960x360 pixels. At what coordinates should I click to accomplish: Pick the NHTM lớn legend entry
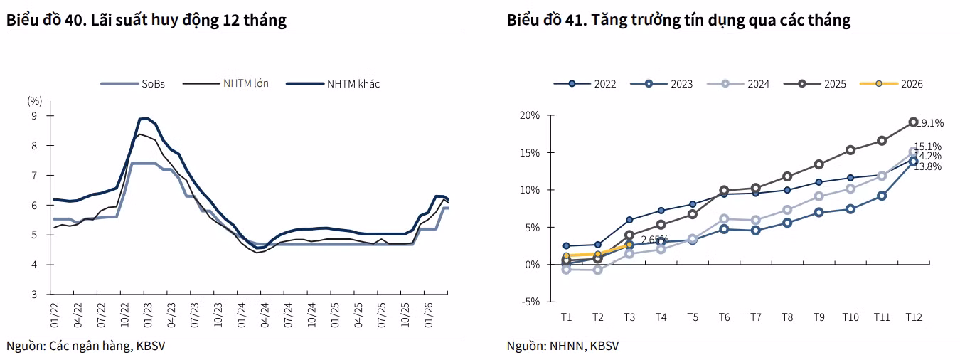(225, 84)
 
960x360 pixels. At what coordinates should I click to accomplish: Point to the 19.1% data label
(930, 123)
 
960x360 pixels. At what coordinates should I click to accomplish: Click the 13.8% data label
(928, 166)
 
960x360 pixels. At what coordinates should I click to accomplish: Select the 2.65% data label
(654, 240)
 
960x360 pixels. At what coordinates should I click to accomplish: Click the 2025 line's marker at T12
(913, 122)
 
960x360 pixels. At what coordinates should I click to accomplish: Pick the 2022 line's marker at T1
(566, 245)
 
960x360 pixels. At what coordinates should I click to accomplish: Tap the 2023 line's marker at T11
(882, 196)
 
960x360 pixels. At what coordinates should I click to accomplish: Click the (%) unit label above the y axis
(35, 101)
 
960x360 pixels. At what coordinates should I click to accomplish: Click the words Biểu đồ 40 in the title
(43, 20)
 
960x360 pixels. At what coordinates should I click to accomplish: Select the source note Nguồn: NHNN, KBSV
(562, 346)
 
